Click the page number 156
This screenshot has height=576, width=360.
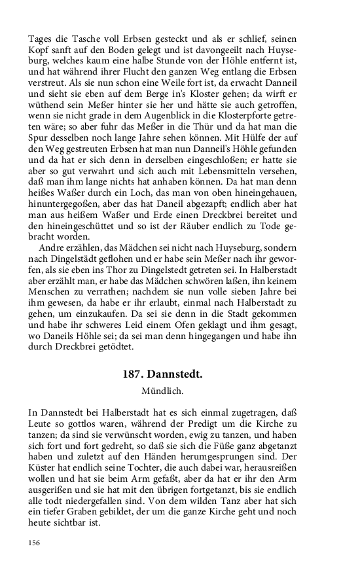35,542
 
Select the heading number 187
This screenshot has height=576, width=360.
135,375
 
